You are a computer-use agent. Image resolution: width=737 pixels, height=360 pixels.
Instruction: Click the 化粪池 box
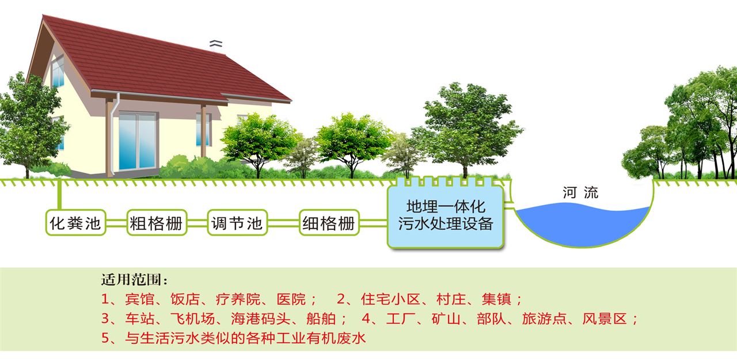(x=75, y=223)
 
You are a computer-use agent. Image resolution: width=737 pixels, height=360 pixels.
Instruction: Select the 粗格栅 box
(x=157, y=223)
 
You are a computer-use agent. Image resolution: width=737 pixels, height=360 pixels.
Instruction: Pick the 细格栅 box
(x=329, y=223)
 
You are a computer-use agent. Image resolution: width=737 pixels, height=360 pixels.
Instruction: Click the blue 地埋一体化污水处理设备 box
(x=446, y=217)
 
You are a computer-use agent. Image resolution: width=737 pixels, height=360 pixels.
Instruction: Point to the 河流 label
(x=580, y=192)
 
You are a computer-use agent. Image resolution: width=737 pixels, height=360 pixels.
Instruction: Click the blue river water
(x=582, y=223)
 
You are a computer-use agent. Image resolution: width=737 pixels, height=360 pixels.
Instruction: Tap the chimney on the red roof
(x=216, y=46)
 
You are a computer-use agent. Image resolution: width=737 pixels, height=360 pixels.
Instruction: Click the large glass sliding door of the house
(x=137, y=141)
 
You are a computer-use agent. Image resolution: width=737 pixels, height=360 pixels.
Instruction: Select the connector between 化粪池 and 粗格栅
(x=116, y=223)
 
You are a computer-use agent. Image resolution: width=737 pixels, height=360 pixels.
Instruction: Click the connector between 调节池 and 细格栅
(x=283, y=223)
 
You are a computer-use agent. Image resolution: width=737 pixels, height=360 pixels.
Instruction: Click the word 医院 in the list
(x=291, y=299)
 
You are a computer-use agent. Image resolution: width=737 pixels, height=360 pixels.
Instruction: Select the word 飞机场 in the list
(x=193, y=319)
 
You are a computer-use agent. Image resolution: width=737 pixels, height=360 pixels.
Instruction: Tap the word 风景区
(x=605, y=319)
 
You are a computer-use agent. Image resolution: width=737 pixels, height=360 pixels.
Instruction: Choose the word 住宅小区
(x=390, y=299)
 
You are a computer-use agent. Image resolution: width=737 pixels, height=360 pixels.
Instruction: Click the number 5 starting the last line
(x=105, y=338)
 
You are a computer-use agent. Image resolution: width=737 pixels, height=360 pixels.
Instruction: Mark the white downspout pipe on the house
(x=114, y=134)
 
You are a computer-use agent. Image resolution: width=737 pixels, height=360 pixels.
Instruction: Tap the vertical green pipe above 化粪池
(x=59, y=195)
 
